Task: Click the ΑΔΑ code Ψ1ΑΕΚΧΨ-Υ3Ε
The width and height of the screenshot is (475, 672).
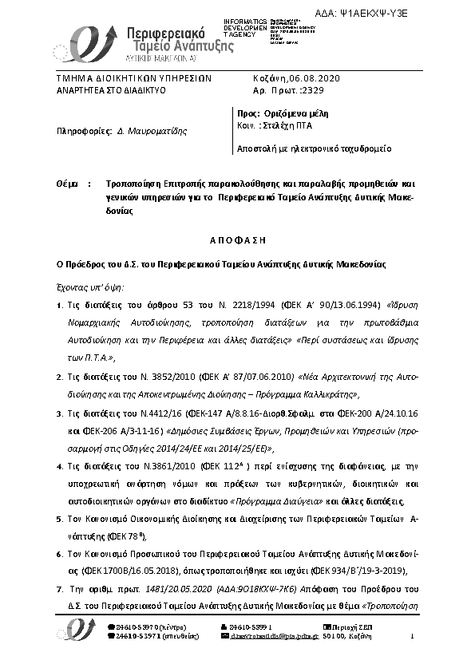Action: click(416, 14)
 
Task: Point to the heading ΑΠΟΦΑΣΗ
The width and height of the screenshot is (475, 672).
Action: click(237, 240)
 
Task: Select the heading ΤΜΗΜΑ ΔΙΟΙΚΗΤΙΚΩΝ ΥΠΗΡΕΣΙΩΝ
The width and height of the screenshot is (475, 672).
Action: click(133, 79)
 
